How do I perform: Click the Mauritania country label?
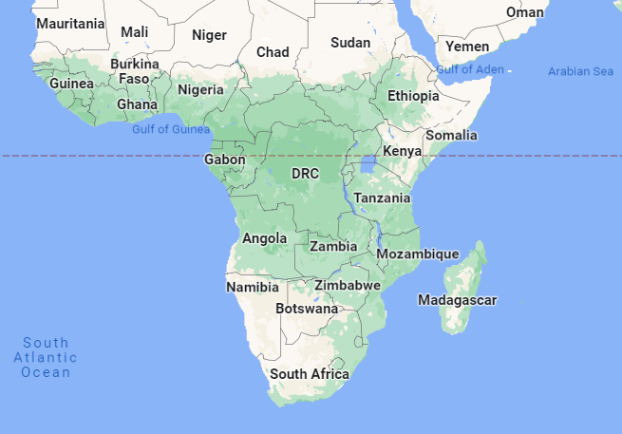(70, 23)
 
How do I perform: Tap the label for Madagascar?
(457, 300)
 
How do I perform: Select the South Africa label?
(310, 374)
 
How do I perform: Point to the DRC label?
(305, 174)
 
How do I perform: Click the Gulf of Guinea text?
(171, 129)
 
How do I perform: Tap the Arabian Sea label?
(580, 72)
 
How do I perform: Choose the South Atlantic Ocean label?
(46, 357)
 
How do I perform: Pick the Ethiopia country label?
(413, 96)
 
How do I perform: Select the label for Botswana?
(307, 309)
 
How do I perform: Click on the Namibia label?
(253, 287)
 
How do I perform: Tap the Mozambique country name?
(418, 255)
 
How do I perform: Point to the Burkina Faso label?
(134, 71)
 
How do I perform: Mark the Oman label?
(525, 12)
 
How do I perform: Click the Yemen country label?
(467, 47)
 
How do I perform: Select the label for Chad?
(273, 52)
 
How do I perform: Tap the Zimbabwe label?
(348, 285)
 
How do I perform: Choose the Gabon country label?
(225, 160)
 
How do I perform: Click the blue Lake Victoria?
(368, 167)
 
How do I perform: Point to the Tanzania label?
(382, 198)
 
